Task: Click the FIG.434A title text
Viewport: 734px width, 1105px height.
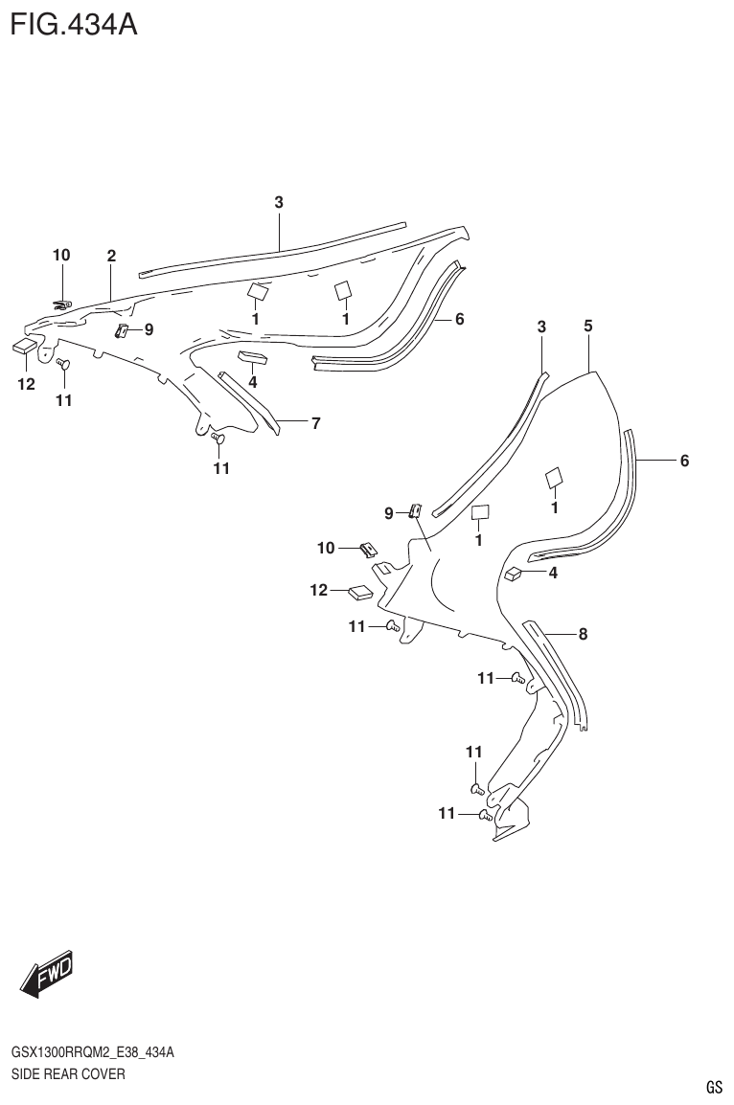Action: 74,23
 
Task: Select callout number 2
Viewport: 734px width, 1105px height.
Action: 111,256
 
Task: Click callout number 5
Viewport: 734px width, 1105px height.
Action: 588,327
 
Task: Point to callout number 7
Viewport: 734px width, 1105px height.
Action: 315,421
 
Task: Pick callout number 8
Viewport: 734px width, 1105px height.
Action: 582,633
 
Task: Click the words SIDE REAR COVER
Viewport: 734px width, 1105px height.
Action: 68,1074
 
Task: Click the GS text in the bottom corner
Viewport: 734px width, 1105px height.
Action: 713,1087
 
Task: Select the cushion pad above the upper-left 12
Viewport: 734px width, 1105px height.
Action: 25,346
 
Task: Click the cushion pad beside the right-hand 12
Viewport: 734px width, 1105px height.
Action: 360,592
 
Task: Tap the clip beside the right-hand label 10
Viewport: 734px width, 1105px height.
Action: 368,549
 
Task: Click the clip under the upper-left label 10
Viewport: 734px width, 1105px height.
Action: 62,305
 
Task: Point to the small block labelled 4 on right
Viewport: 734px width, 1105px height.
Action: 515,574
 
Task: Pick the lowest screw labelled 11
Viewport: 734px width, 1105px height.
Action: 485,816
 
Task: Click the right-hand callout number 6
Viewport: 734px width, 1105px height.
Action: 684,462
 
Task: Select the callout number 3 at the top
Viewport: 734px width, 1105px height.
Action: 279,202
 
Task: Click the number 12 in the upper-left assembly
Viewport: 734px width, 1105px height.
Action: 26,384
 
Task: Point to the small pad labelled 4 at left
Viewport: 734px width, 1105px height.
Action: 254,359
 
